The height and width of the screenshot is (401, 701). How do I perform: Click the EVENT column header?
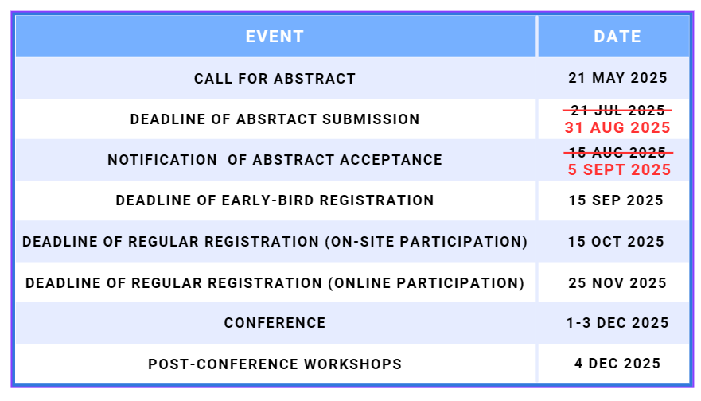275,37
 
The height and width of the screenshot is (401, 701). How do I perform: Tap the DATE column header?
617,37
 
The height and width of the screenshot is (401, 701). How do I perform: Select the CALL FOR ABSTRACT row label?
275,79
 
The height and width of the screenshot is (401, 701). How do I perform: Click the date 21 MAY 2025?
617,78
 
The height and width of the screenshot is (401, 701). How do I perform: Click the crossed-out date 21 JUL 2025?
617,110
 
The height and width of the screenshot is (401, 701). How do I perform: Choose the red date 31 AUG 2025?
617,128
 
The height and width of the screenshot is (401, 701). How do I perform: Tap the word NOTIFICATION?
162,160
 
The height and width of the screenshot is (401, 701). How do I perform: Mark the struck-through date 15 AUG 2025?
618,153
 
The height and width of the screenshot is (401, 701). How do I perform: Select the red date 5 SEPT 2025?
619,170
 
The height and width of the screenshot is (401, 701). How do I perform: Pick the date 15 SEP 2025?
616,200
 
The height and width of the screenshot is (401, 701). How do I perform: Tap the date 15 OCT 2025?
616,242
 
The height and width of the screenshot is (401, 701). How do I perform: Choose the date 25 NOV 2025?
617,283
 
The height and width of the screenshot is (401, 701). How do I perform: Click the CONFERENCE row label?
275,323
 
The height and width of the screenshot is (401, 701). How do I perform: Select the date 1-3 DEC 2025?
617,323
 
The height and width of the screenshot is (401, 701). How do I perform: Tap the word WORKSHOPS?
352,364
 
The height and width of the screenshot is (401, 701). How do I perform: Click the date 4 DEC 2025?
617,364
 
